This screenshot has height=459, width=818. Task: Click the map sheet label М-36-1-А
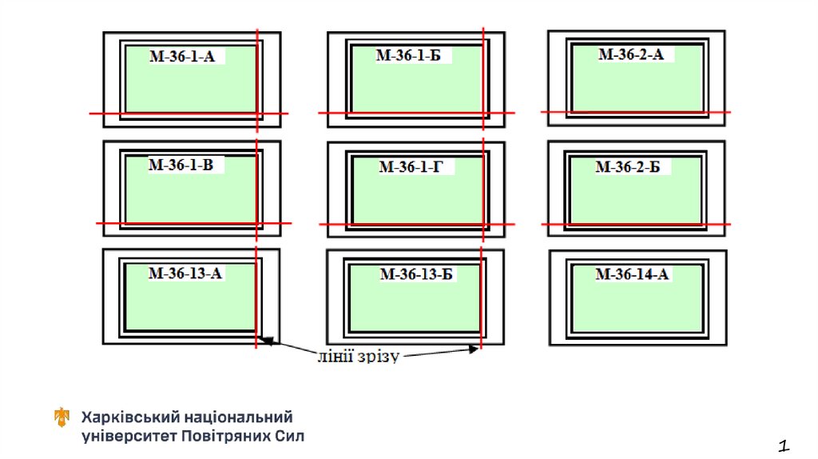coord(182,56)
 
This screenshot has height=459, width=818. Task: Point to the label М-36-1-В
coord(181,166)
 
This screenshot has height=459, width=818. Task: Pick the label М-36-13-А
coord(185,273)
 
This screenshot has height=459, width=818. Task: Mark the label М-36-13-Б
coord(416,274)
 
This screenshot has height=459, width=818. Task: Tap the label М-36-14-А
coord(632,275)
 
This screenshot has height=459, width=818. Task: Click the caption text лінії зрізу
coord(357,356)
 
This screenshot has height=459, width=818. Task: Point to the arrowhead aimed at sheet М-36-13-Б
coord(474,349)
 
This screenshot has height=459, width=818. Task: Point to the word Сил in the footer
coord(289,437)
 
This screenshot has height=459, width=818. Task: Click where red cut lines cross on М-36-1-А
coord(256,114)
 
